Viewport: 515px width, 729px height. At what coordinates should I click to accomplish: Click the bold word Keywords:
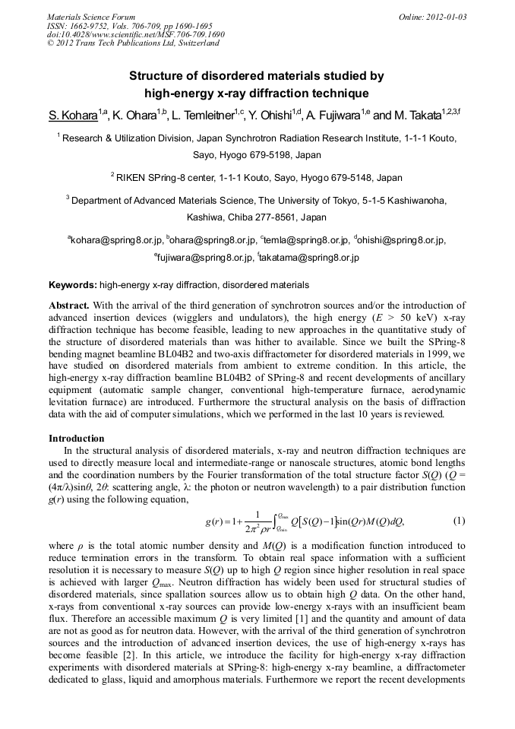tap(73, 285)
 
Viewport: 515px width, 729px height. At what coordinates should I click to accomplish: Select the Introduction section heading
tap(77, 439)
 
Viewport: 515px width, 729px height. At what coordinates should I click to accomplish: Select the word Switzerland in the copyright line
tap(196, 43)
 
